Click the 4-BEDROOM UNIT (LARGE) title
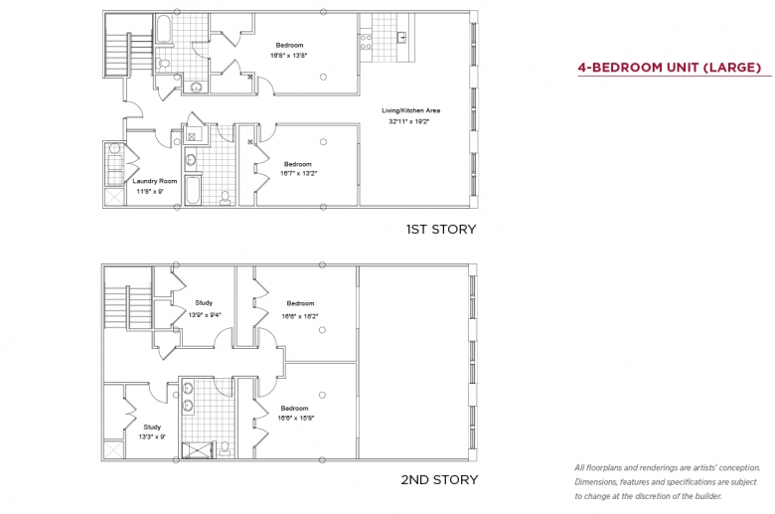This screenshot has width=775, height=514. point(670,68)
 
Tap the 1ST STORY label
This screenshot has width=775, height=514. point(441,229)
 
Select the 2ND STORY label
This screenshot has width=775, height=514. point(439,479)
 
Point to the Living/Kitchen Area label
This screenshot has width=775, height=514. point(410,110)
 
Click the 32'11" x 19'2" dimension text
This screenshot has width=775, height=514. point(408,121)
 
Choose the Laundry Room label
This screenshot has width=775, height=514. point(155,181)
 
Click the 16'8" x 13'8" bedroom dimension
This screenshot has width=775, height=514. point(289,56)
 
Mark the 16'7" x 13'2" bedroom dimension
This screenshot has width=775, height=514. point(298,174)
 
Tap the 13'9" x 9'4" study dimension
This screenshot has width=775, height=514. point(205,314)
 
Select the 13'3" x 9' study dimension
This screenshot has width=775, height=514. point(152,436)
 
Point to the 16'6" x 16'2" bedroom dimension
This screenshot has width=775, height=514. point(300,316)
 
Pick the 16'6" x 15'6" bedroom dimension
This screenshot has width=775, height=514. point(296,418)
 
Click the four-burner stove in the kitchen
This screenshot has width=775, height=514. point(366,42)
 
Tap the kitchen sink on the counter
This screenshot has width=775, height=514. point(401,37)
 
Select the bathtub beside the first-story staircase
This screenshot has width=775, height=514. point(164,29)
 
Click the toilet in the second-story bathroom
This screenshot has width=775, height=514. point(225,448)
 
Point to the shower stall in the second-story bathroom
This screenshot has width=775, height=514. point(198,450)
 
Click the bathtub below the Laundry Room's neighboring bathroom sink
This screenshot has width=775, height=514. point(193,189)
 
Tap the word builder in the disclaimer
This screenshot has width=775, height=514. point(708,496)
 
